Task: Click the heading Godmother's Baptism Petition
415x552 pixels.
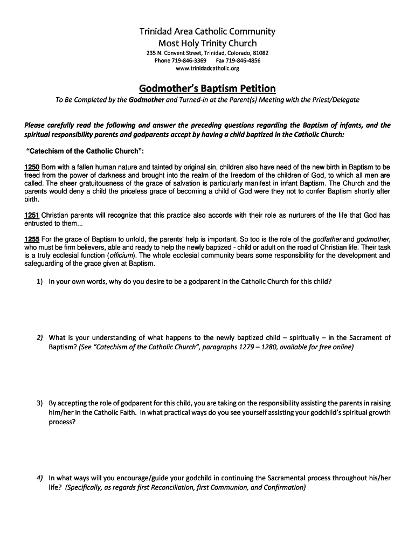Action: tap(207, 88)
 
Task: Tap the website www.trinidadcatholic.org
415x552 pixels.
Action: tap(207, 68)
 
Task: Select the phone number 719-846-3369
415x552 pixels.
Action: tap(189, 61)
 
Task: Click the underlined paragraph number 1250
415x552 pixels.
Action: tap(32, 168)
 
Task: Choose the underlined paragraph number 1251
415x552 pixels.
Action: tap(32, 216)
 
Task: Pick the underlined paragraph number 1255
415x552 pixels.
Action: tap(32, 239)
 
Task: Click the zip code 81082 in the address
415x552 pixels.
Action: tap(260, 53)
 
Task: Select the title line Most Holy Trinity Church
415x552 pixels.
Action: tap(207, 43)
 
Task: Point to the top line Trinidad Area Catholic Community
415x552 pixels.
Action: tap(207, 31)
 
